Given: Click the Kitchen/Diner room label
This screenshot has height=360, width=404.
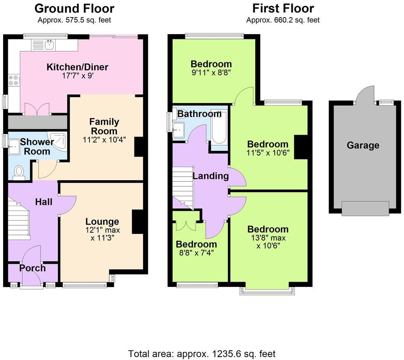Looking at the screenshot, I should point(78,67).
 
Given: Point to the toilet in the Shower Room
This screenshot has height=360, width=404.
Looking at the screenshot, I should point(19,171).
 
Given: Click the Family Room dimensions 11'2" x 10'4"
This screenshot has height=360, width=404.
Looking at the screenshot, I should point(104,140).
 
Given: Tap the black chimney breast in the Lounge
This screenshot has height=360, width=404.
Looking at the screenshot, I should point(138,221).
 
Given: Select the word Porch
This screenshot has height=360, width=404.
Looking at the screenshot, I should point(33,268).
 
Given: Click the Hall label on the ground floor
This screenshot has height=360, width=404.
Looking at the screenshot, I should point(43,202).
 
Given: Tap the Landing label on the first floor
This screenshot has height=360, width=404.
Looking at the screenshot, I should point(211,176).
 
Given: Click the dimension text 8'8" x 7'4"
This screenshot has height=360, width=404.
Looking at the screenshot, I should point(196,253).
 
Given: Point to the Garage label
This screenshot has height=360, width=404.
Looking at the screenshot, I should point(363,146).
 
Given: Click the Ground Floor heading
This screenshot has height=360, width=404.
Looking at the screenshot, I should point(74,8).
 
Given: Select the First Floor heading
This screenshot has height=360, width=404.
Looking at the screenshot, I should point(283,8).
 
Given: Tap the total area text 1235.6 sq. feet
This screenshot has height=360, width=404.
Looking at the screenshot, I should point(202,353).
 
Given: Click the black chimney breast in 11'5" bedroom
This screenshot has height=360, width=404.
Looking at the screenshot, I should point(301,147).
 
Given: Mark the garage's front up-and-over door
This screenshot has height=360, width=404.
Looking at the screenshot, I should point(365,208).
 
